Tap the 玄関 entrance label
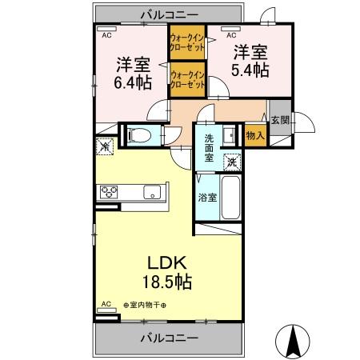tap(280, 120)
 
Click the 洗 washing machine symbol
tap(231, 160)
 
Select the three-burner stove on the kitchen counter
tap(109, 192)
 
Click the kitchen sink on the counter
tap(150, 193)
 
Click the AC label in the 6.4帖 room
tap(106, 36)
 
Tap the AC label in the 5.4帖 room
tap(231, 36)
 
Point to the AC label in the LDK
tap(106, 305)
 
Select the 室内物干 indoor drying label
tap(154, 305)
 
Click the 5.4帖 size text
tap(250, 70)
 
